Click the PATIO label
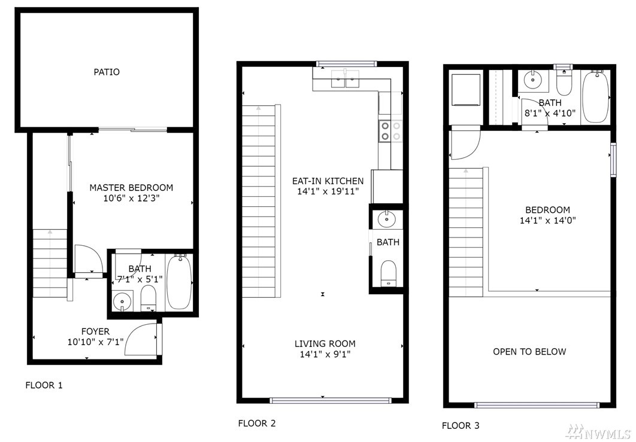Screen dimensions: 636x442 pos(107,72)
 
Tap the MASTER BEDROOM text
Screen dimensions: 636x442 pos(131,188)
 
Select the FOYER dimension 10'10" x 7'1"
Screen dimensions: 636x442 pos(95,342)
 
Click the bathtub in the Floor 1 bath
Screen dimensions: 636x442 pos(179,282)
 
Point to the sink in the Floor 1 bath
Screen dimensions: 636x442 pos(122,301)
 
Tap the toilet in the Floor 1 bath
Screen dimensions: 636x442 pos(148,298)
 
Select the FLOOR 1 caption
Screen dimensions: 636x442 pos(44,385)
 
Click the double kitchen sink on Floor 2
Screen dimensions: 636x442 pos(345,78)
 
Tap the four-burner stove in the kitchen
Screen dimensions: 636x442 pos(390,131)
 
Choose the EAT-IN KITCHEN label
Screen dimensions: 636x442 pos(328,181)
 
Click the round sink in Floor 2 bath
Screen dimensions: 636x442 pos(386,220)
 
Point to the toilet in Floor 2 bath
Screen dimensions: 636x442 pos(389,273)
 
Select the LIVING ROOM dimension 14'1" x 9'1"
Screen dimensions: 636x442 pos(325,355)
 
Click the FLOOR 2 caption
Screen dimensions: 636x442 pos(257,424)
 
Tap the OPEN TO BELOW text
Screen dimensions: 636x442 pos(529,352)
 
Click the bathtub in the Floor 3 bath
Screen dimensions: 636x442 pos(595,97)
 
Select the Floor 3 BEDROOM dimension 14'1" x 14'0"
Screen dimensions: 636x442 pos(548,221)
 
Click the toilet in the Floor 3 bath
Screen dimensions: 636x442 pos(564,81)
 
